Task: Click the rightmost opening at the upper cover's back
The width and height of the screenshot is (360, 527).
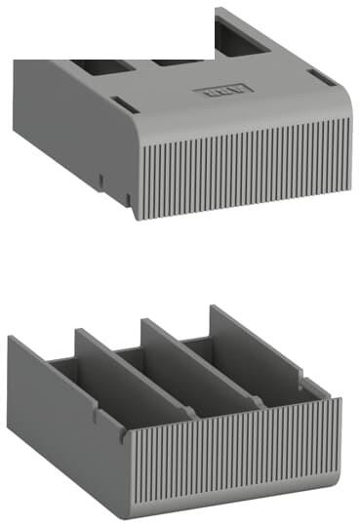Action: point(237,34)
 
